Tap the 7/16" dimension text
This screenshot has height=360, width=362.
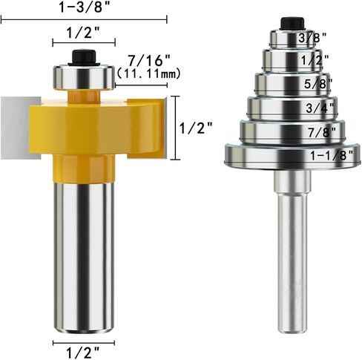pos(149,60)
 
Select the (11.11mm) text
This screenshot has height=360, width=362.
pos(148,73)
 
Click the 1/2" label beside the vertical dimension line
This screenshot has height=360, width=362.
pos(196,128)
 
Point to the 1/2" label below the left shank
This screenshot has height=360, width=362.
pos(83,353)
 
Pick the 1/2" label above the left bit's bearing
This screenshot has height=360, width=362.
pos(83,33)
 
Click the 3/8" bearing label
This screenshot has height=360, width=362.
pos(312,38)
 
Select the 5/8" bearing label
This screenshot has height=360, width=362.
pos(318,84)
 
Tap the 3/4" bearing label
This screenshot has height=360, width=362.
pos(320,108)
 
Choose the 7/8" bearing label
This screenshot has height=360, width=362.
pos(322,132)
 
